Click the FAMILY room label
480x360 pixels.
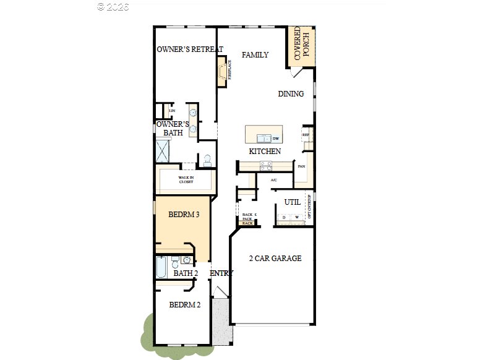(255, 55)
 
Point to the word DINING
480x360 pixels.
(291, 94)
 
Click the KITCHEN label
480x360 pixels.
(265, 152)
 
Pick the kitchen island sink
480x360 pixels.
(264, 139)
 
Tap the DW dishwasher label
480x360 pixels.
(276, 139)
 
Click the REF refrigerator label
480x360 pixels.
(305, 134)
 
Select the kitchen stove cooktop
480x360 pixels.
(265, 165)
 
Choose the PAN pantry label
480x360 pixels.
(301, 166)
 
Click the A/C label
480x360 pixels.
(274, 180)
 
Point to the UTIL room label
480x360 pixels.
(292, 202)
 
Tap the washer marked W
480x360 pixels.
(297, 217)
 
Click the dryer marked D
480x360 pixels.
(284, 217)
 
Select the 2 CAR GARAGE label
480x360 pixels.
(275, 259)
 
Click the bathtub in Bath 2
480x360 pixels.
(161, 268)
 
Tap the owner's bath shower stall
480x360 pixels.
(164, 152)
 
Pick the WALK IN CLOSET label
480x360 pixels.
(186, 180)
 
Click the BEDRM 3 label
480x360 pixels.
(184, 215)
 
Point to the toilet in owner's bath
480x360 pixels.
(207, 160)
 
